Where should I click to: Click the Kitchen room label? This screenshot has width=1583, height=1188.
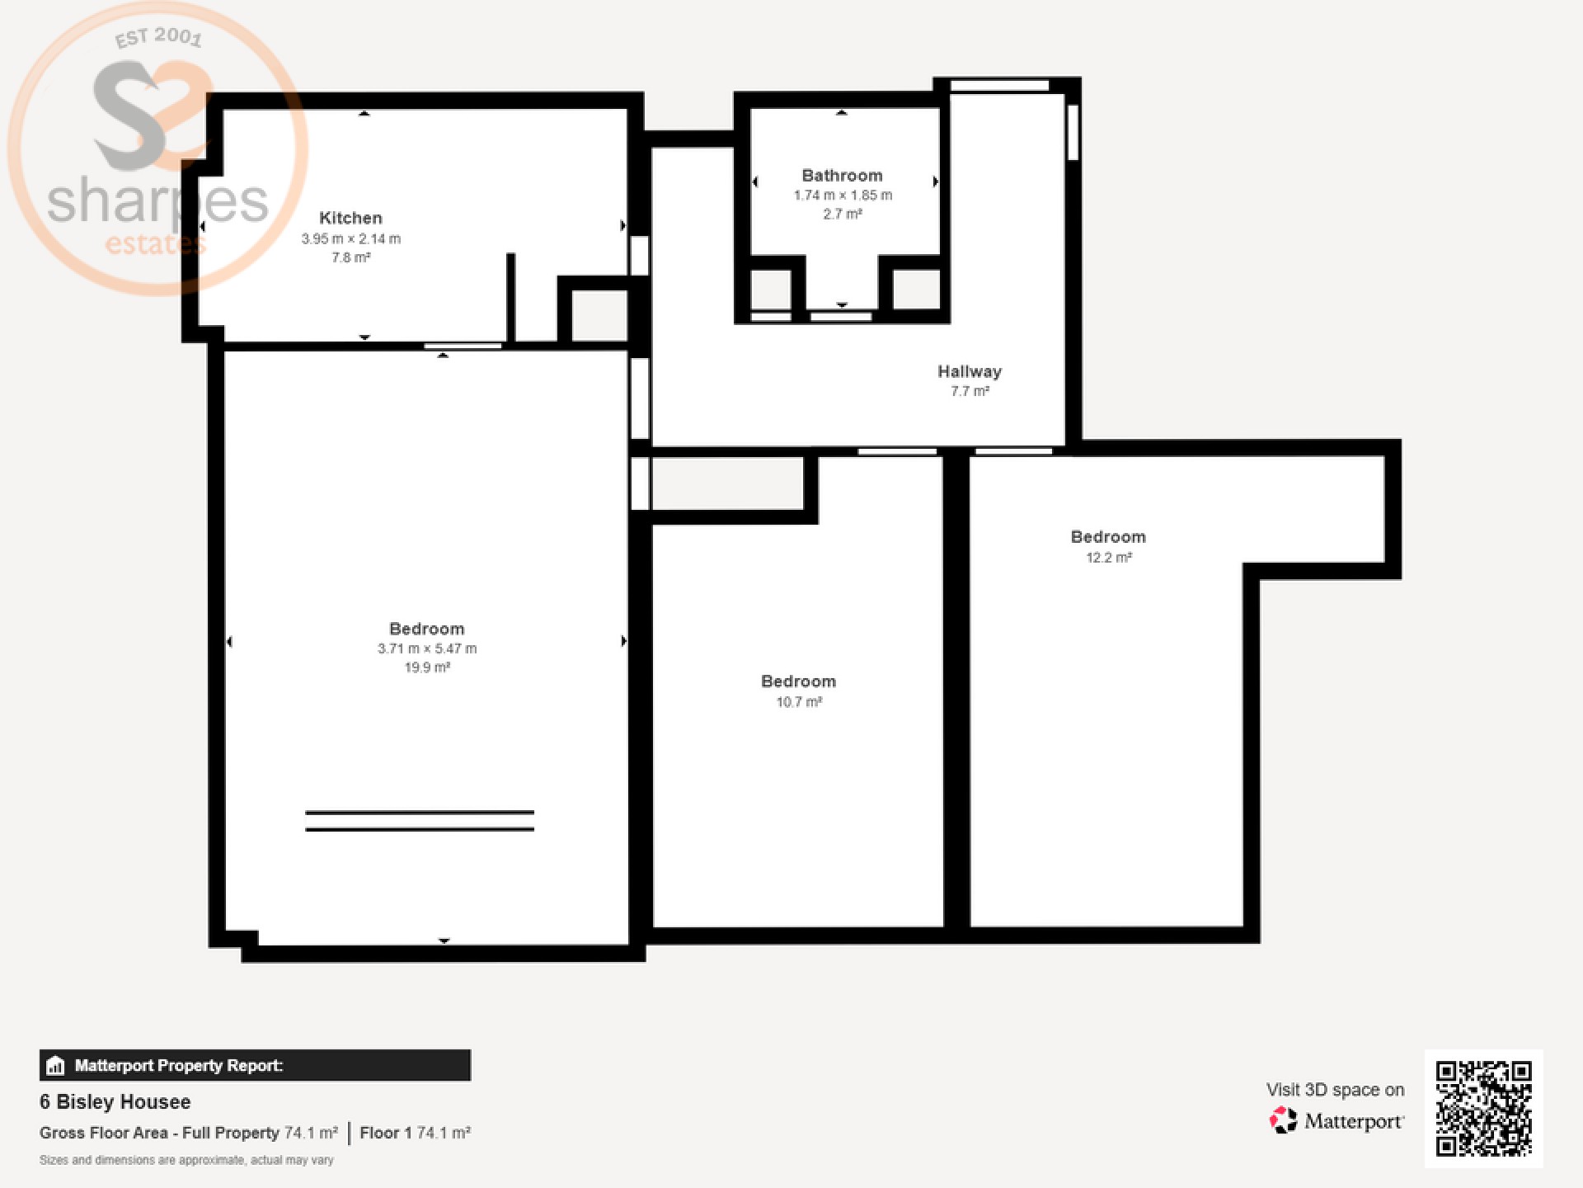[350, 218]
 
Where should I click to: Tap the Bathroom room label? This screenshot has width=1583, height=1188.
[842, 176]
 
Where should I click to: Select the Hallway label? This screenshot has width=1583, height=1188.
[970, 372]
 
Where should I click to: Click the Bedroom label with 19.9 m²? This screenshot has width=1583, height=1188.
[427, 629]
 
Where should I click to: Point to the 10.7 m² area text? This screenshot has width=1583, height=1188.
[799, 702]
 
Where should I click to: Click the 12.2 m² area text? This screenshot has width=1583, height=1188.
[1109, 558]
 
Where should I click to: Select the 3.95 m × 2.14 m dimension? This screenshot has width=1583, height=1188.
[351, 238]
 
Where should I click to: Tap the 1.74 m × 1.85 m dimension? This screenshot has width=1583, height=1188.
[843, 196]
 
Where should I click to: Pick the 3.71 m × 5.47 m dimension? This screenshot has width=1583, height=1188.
[427, 648]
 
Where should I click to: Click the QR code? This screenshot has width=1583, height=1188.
[1484, 1109]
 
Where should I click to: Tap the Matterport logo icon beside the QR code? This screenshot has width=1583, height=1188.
[1283, 1121]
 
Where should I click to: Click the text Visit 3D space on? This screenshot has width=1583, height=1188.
[1336, 1090]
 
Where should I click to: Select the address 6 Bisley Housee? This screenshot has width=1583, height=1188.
[115, 1102]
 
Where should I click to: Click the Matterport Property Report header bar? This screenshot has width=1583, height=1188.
[255, 1065]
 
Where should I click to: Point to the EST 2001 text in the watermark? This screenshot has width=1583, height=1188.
[158, 37]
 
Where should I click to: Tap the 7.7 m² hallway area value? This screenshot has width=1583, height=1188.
[970, 391]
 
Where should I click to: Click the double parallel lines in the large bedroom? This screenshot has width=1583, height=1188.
[420, 821]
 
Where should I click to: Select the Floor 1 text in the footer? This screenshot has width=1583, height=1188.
[385, 1133]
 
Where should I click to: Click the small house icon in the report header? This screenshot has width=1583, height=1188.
[55, 1065]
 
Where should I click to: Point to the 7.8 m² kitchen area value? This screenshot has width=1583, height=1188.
[351, 257]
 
